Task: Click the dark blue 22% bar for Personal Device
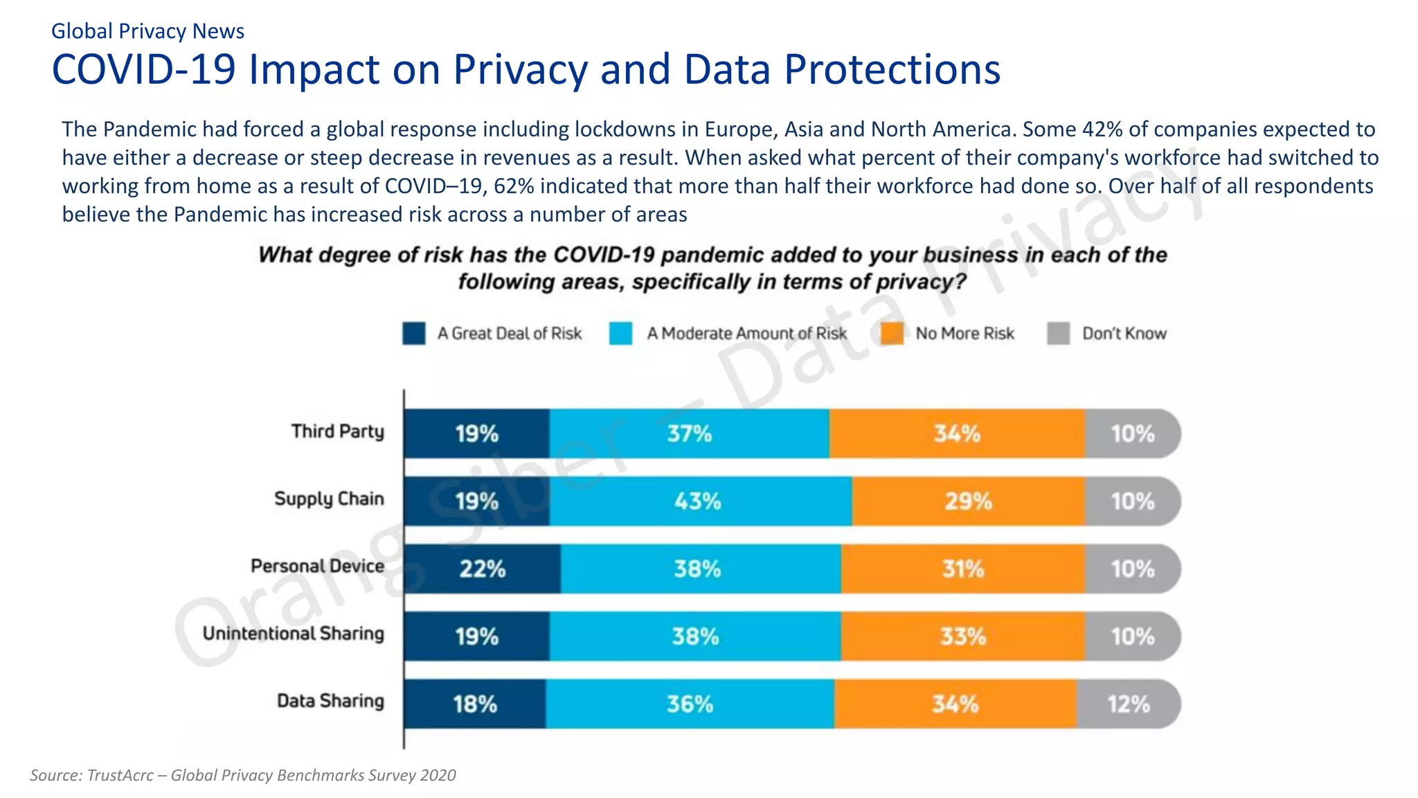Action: point(483,569)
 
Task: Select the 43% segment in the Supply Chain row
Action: point(699,501)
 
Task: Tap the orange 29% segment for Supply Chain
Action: point(968,501)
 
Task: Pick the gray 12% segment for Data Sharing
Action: point(1128,704)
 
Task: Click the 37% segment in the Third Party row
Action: point(689,434)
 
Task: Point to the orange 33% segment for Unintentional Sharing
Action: point(962,636)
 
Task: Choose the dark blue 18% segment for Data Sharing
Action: point(475,704)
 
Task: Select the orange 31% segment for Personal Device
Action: point(962,569)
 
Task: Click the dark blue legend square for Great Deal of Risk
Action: point(414,333)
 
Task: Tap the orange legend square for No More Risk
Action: point(892,333)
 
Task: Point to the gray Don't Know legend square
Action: point(1059,333)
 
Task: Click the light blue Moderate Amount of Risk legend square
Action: point(621,333)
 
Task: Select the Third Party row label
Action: point(337,432)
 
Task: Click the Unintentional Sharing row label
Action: point(293,634)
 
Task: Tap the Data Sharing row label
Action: point(330,701)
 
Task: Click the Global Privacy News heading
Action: point(147,31)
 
